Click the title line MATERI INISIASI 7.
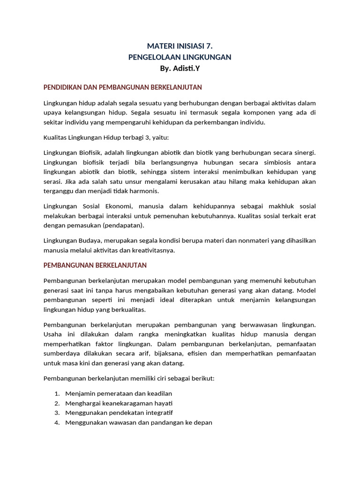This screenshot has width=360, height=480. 180,46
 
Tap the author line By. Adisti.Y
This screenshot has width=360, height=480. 180,68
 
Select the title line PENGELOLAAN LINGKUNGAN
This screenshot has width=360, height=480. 180,57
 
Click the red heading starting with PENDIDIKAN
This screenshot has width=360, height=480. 122,88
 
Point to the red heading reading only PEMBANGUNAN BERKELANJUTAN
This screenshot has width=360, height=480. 95,265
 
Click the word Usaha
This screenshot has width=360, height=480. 52,334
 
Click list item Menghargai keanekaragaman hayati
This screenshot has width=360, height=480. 119,403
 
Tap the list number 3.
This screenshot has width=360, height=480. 56,413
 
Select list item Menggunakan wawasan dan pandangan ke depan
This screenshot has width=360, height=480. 139,422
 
